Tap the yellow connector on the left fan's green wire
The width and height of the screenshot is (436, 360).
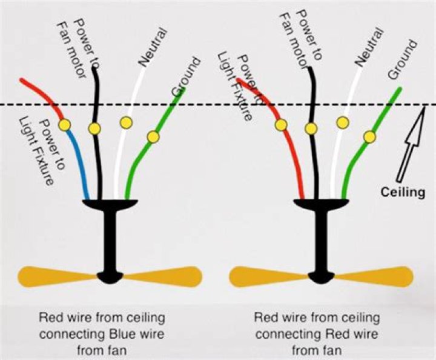(153, 137)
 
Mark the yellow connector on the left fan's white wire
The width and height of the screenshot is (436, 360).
(126, 123)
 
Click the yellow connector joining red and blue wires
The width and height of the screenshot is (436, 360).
(64, 124)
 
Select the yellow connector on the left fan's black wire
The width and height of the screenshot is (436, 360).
(94, 129)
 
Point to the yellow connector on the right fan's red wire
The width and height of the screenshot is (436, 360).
(280, 125)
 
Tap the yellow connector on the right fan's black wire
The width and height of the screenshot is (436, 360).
(311, 128)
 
